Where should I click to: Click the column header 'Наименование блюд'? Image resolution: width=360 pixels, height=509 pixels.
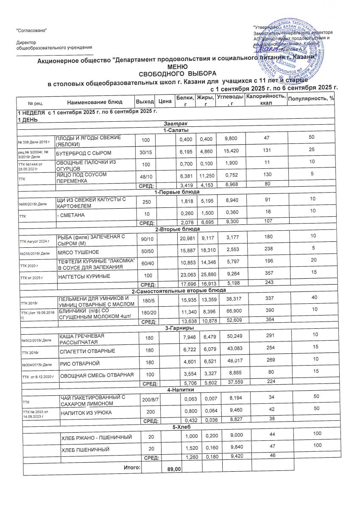[x=95, y=102]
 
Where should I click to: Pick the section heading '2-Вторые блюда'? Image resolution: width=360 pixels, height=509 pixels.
[x=178, y=229]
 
